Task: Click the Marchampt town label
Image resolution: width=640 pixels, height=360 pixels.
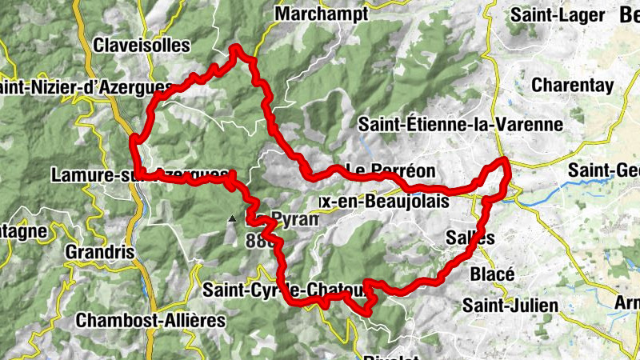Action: pyautogui.click(x=321, y=14)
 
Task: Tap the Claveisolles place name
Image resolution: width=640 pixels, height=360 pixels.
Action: pyautogui.click(x=142, y=46)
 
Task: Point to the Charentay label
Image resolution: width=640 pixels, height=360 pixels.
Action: pyautogui.click(x=572, y=85)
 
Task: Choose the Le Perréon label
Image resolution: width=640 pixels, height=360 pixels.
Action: pyautogui.click(x=390, y=170)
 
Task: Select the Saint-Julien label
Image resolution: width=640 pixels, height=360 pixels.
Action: pyautogui.click(x=502, y=305)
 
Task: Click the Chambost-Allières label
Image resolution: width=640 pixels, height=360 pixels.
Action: pyautogui.click(x=151, y=320)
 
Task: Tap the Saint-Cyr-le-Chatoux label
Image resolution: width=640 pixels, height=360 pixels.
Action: pyautogui.click(x=283, y=290)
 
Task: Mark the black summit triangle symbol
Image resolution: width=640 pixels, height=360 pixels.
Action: pyautogui.click(x=232, y=218)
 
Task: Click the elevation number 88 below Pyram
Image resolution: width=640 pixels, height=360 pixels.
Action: pyautogui.click(x=256, y=240)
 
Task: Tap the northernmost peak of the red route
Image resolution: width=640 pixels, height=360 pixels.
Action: pyautogui.click(x=236, y=50)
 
